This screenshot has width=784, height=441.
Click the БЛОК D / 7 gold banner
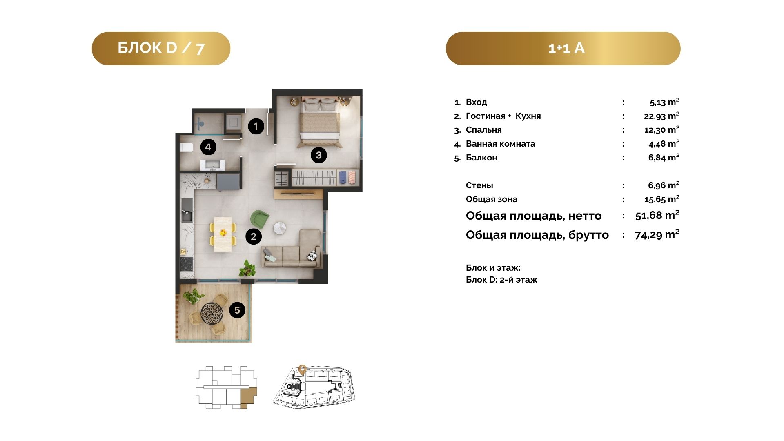click(x=161, y=49)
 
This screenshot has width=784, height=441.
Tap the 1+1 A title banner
click(x=563, y=49)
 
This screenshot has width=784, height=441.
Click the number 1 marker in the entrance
click(x=256, y=126)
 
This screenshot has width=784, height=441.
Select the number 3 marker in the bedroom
click(x=318, y=155)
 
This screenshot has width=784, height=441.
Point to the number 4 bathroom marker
click(x=208, y=147)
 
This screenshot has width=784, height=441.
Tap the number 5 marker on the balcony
click(x=237, y=310)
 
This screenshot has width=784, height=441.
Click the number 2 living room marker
click(x=254, y=236)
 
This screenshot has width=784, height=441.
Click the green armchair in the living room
click(x=259, y=220)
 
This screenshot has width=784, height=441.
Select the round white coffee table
click(x=280, y=228)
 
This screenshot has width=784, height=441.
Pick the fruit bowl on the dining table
click(x=223, y=233)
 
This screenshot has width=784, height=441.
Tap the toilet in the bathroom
click(x=186, y=147)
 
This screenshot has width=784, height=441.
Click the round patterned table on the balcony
click(x=214, y=313)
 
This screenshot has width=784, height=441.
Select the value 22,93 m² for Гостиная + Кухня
click(x=661, y=116)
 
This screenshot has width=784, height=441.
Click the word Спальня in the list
click(x=484, y=130)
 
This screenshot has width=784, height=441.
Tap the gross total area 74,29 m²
click(x=657, y=234)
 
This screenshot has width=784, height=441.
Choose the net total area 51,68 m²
click(x=657, y=215)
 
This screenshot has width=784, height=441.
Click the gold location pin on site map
click(x=302, y=370)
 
